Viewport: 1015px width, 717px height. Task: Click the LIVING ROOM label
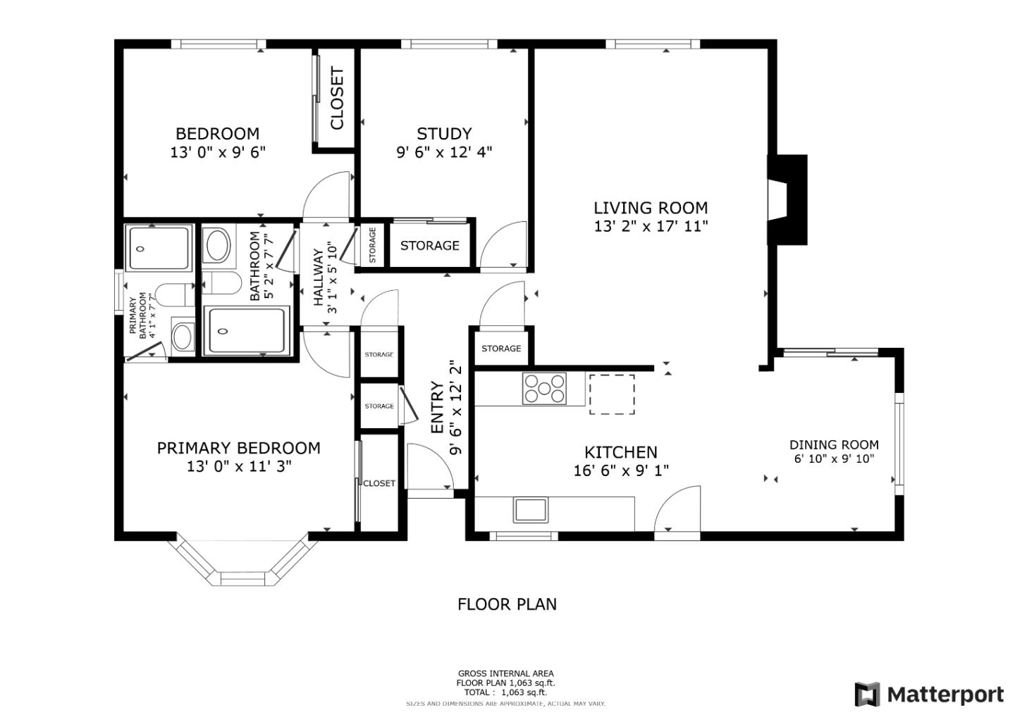[650, 208]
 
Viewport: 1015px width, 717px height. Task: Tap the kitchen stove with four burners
[543, 388]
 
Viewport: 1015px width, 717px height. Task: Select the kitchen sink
[531, 509]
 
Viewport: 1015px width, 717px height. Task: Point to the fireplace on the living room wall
[787, 200]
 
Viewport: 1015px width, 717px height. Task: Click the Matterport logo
[929, 694]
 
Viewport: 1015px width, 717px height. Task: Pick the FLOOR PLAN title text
[507, 604]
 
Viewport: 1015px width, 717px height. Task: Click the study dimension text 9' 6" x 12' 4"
[444, 151]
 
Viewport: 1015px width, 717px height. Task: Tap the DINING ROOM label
[834, 444]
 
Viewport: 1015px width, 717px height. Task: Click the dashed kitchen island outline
[611, 394]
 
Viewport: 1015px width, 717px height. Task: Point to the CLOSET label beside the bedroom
[337, 99]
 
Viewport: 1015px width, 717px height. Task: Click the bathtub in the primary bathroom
[159, 248]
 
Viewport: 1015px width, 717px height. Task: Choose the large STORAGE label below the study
[429, 245]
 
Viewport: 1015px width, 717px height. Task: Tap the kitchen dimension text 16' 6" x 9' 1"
[621, 470]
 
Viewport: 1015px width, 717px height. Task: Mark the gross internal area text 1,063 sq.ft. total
[505, 692]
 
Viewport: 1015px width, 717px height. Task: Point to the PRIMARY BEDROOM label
[238, 448]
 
